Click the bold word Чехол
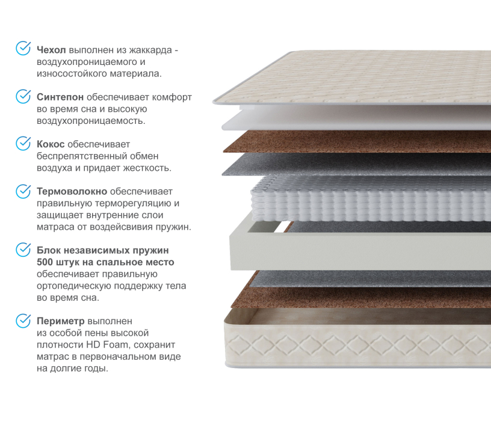pyautogui.click(x=51, y=50)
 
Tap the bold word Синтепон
pyautogui.click(x=60, y=97)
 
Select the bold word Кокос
pyautogui.click(x=51, y=144)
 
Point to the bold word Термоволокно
pyautogui.click(x=72, y=191)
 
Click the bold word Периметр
pyautogui.click(x=60, y=321)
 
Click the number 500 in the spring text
pyautogui.click(x=45, y=262)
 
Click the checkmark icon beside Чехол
pyautogui.click(x=23, y=48)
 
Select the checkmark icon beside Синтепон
pyautogui.click(x=23, y=96)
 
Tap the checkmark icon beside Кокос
pyautogui.click(x=23, y=143)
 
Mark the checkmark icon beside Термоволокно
pyautogui.click(x=23, y=191)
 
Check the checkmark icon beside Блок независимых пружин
pyautogui.click(x=23, y=250)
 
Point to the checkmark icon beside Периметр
pyautogui.click(x=23, y=321)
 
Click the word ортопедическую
pyautogui.click(x=74, y=286)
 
